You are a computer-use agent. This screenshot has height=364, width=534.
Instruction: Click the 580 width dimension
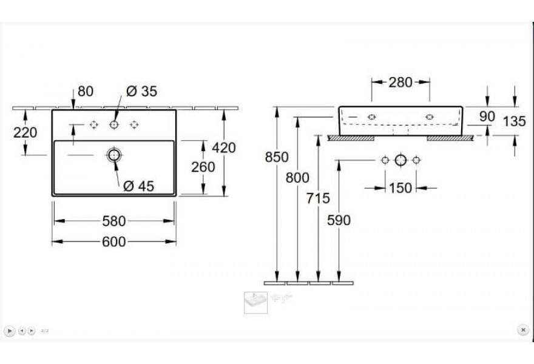[x=114, y=221]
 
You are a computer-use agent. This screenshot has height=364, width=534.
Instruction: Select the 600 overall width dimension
[x=114, y=242]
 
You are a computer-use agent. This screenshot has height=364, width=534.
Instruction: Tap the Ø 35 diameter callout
[x=141, y=91]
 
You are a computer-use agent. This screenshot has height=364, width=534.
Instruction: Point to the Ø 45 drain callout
[x=138, y=186]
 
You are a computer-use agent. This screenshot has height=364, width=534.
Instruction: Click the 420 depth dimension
[x=224, y=148]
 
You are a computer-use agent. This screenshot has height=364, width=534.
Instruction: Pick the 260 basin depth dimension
[x=203, y=167]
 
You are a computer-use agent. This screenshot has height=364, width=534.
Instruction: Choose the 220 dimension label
[x=25, y=132]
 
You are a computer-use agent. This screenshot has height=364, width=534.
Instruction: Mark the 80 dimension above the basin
[x=86, y=91]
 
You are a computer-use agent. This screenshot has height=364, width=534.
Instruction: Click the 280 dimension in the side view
[x=400, y=82]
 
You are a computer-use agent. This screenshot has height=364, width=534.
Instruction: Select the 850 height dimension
[x=277, y=157]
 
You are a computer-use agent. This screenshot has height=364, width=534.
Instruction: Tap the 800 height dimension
[x=297, y=177]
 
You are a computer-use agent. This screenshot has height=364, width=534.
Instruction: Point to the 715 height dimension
[x=318, y=198]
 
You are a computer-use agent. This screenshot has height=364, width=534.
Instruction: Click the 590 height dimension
[x=339, y=220]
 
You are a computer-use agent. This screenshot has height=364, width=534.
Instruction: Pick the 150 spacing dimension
[x=400, y=187]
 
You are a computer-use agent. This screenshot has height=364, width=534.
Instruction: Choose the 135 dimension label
[x=514, y=121]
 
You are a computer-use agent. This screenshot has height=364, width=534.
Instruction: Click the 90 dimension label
[x=487, y=116]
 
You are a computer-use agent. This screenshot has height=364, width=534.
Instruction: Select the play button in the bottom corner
[x=10, y=331]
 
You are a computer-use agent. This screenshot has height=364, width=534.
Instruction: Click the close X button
[x=523, y=329]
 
